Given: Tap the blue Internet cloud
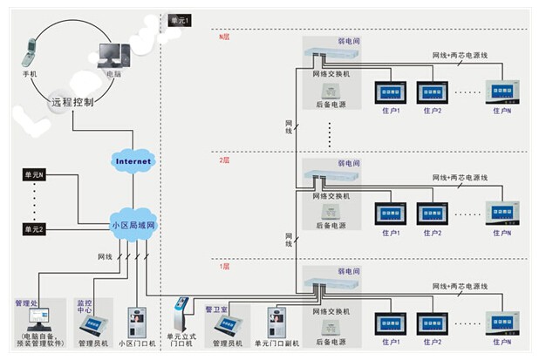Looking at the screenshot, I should (133, 161).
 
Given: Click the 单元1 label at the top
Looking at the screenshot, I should (179, 19).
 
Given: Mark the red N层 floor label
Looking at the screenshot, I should (223, 37).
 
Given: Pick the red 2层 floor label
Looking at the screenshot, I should (223, 160).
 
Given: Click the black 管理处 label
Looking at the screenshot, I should (28, 304).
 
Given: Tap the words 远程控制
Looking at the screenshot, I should (72, 102).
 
